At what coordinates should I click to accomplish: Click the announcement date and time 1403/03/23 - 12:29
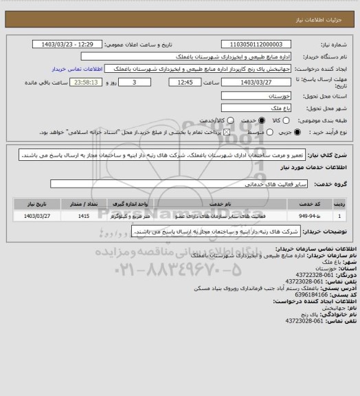tap(69, 44)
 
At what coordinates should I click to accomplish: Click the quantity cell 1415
tap(84, 216)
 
